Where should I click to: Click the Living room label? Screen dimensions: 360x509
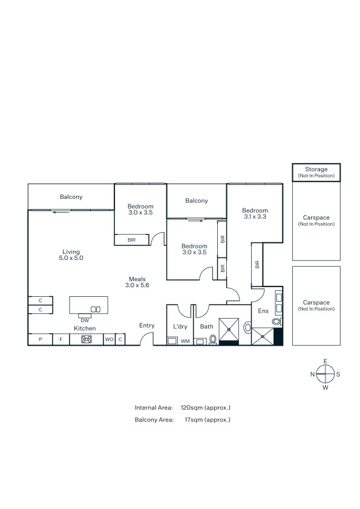[71, 252]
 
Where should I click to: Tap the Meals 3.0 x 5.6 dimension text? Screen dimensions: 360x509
[137, 285]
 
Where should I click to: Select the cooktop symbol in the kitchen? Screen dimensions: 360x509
[87, 339]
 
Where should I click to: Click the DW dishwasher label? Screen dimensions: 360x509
[85, 320]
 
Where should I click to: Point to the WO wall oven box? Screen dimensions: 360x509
[109, 339]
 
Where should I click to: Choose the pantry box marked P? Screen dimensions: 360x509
[41, 339]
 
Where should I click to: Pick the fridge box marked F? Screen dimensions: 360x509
[61, 339]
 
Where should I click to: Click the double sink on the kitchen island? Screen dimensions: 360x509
[96, 310]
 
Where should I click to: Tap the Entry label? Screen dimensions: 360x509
[147, 325]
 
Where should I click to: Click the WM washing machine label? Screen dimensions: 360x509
[185, 341]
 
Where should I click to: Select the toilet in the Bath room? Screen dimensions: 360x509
[213, 340]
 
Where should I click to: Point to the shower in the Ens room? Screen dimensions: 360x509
[263, 336]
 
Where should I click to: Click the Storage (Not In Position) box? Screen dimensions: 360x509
[316, 172]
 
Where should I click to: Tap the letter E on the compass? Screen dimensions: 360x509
[326, 361]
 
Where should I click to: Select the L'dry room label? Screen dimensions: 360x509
[180, 326]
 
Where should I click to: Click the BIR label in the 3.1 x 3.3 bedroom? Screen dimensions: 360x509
[257, 265]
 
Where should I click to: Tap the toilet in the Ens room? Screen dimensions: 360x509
[277, 322]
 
